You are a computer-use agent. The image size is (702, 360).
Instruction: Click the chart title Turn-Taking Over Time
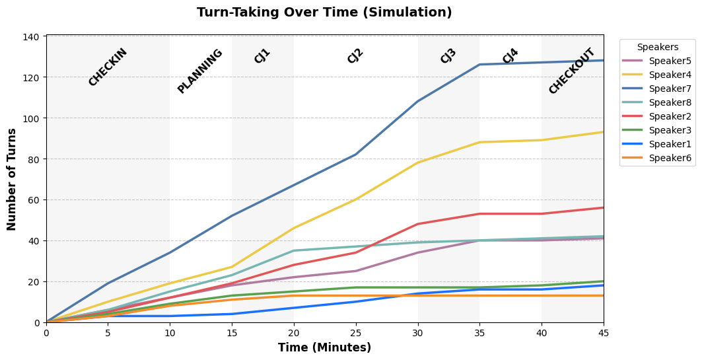[324, 12]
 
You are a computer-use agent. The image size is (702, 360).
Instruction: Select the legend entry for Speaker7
[657, 89]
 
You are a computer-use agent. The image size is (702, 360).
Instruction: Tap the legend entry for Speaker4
[657, 75]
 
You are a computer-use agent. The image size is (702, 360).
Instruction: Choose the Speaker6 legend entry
[657, 158]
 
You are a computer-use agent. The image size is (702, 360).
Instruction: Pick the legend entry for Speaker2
[657, 116]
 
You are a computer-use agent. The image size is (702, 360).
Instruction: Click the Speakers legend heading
[658, 47]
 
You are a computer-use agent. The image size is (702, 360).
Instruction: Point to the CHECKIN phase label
[108, 67]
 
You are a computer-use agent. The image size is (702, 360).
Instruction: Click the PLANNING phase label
[199, 71]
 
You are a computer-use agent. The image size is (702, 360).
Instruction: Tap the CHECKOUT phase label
[572, 71]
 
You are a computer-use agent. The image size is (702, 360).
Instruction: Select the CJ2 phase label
[355, 56]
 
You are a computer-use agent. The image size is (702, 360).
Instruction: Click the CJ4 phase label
[510, 56]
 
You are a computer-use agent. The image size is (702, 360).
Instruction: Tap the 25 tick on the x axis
[356, 333]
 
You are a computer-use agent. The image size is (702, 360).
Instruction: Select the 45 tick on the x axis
[604, 333]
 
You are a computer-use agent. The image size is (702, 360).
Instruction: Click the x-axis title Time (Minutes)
[325, 347]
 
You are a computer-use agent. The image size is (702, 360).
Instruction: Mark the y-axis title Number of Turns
[12, 180]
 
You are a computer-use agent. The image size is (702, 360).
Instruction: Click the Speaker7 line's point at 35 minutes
[479, 65]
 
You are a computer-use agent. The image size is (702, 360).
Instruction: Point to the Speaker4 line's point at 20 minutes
[294, 229]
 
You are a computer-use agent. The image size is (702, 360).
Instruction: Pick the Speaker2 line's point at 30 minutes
[418, 224]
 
